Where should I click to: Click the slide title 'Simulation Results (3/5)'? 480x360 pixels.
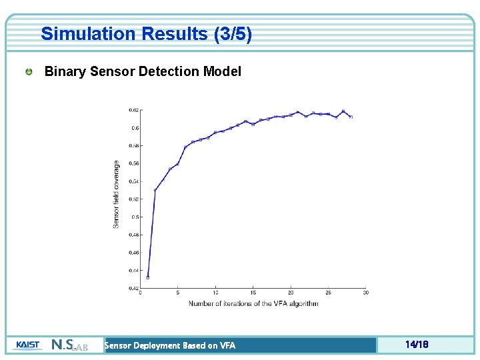pyautogui.click(x=146, y=34)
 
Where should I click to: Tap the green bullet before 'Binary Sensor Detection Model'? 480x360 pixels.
pyautogui.click(x=29, y=71)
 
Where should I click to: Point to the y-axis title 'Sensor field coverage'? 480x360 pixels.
pyautogui.click(x=117, y=194)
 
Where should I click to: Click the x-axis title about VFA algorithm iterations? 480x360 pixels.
pyautogui.click(x=253, y=303)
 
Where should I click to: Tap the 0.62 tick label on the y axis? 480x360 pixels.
pyautogui.click(x=134, y=110)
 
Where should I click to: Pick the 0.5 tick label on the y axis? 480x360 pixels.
pyautogui.click(x=135, y=217)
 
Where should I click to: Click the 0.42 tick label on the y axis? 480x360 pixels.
pyautogui.click(x=134, y=288)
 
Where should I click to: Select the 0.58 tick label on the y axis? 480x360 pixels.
pyautogui.click(x=134, y=145)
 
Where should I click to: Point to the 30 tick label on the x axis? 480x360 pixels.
pyautogui.click(x=366, y=293)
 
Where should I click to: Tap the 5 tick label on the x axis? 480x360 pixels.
pyautogui.click(x=178, y=293)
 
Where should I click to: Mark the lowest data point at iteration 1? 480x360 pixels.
pyautogui.click(x=148, y=277)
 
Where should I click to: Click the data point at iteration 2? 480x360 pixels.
pyautogui.click(x=155, y=190)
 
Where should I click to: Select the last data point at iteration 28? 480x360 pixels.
pyautogui.click(x=351, y=117)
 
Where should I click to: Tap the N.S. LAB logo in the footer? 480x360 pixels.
pyautogui.click(x=69, y=345)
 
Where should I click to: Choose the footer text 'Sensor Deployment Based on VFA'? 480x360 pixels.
pyautogui.click(x=170, y=345)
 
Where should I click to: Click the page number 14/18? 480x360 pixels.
pyautogui.click(x=416, y=345)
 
